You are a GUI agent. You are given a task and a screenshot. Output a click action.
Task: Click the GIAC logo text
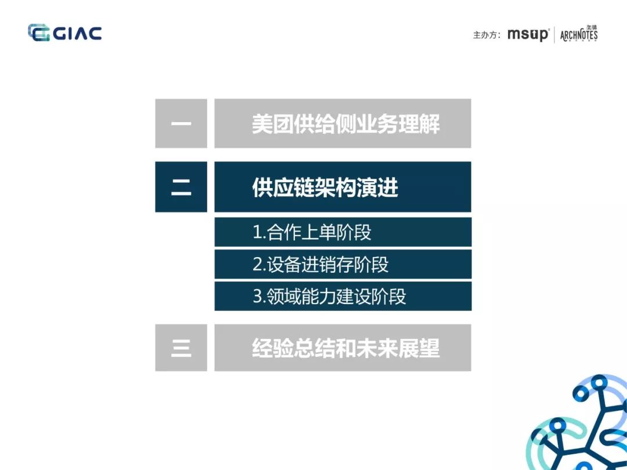[78, 33]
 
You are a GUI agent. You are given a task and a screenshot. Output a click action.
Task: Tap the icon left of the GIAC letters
[39, 33]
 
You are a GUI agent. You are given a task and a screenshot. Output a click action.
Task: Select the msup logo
[528, 34]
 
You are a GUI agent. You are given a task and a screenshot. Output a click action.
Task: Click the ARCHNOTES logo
[579, 34]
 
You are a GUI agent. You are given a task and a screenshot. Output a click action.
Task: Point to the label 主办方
[486, 35]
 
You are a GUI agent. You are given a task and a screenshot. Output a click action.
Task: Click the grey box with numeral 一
[181, 124]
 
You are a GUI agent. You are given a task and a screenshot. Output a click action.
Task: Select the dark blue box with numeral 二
[181, 187]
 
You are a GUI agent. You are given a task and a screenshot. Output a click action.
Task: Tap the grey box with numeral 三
[181, 348]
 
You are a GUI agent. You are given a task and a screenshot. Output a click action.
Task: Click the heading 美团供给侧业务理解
[345, 124]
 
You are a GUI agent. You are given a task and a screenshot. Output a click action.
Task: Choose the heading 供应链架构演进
[325, 187]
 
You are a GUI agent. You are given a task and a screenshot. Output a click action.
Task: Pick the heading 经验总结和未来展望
[345, 348]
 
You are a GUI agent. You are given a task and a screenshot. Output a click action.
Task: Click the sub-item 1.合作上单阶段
[312, 233]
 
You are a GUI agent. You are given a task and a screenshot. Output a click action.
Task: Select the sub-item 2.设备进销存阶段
[320, 265]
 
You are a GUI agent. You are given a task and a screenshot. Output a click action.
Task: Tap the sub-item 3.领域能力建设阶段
[329, 297]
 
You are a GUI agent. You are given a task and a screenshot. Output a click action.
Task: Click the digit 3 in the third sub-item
[258, 297]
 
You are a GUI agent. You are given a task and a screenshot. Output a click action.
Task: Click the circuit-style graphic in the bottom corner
[581, 426]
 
